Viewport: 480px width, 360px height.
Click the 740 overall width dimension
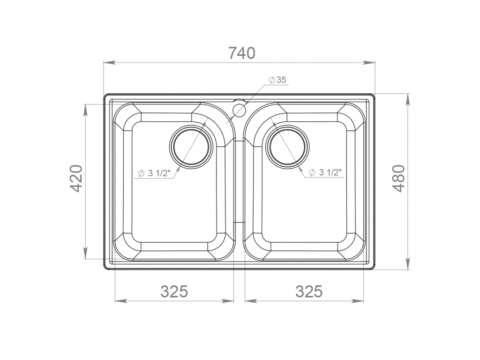click(242, 53)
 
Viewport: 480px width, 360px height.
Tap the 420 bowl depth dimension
click(76, 178)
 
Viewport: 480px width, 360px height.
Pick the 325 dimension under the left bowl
click(174, 292)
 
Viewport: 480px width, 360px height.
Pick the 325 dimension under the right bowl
click(309, 292)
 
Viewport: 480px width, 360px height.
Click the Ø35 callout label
click(278, 80)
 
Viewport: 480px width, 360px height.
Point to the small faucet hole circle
click(240, 110)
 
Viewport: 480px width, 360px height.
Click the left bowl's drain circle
click(191, 147)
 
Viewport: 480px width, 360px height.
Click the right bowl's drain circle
click(288, 147)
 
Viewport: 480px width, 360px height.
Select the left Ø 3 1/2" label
click(154, 173)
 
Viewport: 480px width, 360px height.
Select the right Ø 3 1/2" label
click(325, 173)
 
